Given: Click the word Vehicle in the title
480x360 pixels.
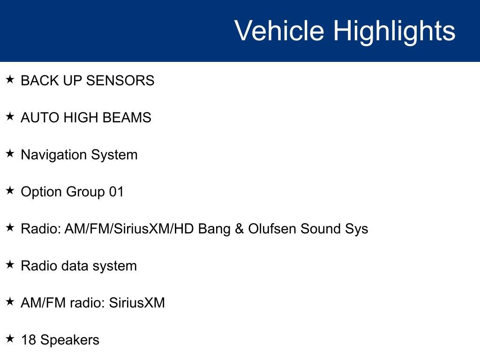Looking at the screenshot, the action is click(279, 30).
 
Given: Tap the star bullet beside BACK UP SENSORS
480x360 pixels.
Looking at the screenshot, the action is click(10, 80).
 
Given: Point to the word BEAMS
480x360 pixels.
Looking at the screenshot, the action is click(127, 118).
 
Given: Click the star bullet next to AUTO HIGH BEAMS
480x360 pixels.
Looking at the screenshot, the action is click(10, 117).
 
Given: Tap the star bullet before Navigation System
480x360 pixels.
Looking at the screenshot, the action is click(10, 154).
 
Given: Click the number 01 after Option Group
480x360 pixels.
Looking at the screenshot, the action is click(116, 192).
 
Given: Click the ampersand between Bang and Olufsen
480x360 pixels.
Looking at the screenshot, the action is click(240, 229).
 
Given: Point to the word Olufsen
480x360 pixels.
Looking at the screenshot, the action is click(272, 229).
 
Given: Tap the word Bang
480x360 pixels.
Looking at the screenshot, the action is click(214, 230).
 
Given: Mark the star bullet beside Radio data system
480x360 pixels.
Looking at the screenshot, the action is click(10, 265).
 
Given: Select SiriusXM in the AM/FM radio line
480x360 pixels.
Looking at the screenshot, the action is click(137, 303).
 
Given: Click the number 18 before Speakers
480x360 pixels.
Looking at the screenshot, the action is click(29, 340).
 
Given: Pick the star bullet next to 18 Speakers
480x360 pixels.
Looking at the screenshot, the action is click(10, 339).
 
